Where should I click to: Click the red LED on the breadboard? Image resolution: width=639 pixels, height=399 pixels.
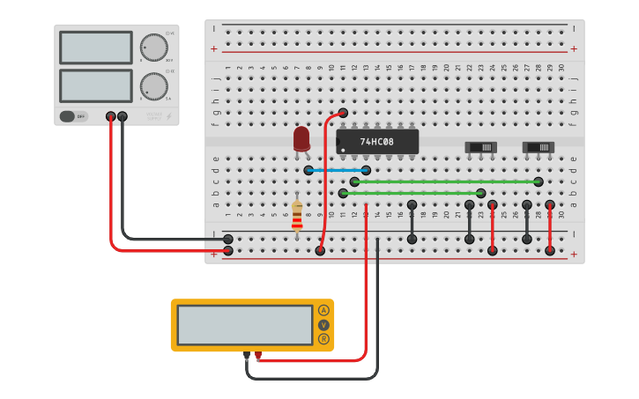(301, 138)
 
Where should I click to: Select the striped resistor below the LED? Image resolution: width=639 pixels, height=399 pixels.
(297, 215)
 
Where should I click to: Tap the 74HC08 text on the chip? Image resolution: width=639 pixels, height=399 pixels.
(376, 141)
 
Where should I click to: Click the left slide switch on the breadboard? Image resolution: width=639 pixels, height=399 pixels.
(480, 147)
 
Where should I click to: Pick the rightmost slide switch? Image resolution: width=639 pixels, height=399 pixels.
(538, 147)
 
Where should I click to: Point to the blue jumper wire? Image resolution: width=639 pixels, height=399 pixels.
(337, 170)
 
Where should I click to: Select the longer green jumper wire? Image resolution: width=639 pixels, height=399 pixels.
(446, 181)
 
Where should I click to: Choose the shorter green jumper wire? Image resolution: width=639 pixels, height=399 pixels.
(412, 193)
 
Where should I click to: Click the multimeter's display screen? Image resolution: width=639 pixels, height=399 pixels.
(245, 325)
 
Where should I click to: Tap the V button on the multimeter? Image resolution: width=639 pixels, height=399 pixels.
(323, 325)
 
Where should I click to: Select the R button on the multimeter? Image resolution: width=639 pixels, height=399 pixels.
(323, 339)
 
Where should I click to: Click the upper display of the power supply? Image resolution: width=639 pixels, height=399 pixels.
(96, 48)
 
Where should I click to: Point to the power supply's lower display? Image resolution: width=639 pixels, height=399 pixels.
(96, 85)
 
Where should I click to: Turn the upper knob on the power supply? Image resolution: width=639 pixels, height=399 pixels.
(153, 48)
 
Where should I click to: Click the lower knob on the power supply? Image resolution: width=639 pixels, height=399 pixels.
(153, 86)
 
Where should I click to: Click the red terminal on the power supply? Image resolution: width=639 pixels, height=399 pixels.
(110, 116)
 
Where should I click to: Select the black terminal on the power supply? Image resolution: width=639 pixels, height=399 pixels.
(123, 116)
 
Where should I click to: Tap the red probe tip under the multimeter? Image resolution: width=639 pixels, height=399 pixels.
(258, 356)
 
